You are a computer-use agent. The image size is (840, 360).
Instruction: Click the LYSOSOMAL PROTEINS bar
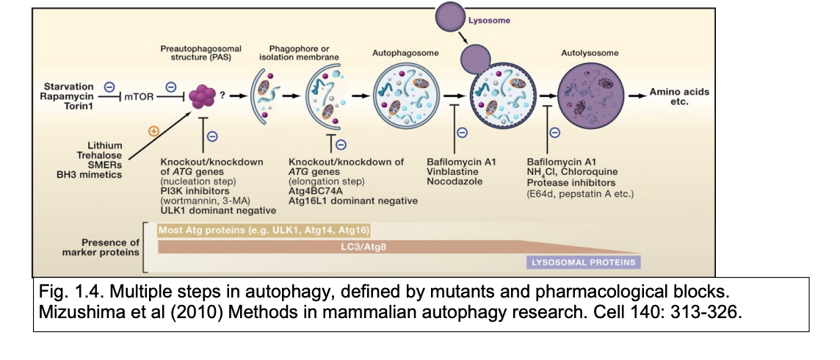click(584, 262)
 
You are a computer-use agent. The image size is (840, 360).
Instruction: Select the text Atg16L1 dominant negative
click(352, 201)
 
